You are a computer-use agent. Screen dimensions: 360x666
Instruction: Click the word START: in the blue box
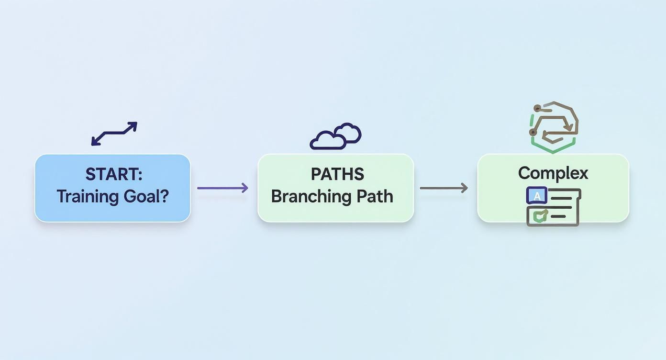click(x=113, y=174)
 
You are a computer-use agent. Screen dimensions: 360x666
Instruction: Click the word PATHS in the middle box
click(x=337, y=174)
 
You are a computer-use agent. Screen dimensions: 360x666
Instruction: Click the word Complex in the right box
click(x=553, y=173)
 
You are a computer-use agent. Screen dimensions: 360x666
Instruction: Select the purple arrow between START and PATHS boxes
click(x=222, y=188)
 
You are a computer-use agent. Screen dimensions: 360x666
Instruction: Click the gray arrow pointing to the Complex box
click(x=444, y=188)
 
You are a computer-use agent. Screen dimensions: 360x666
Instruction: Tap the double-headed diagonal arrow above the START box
click(x=114, y=133)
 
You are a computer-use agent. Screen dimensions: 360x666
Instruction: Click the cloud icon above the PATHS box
click(x=335, y=136)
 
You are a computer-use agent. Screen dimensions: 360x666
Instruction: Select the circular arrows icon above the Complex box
click(x=554, y=126)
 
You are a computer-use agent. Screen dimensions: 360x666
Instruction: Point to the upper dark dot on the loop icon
click(x=537, y=108)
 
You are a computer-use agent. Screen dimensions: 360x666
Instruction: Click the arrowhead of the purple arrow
click(x=245, y=188)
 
